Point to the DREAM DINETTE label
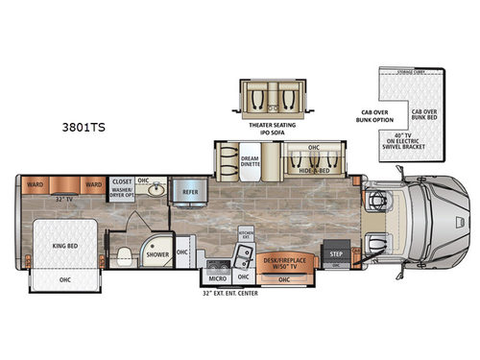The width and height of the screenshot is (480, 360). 251,160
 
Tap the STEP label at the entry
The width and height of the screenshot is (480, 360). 336,254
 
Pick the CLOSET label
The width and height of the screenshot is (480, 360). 122,180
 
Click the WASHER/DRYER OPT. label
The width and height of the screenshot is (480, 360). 122,192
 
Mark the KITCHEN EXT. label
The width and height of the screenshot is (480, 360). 246,235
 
